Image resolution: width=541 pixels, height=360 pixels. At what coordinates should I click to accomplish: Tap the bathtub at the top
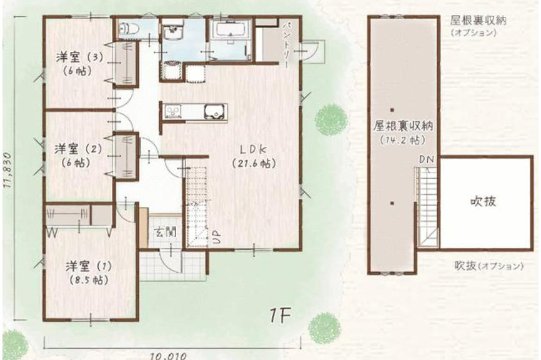[x=231, y=30]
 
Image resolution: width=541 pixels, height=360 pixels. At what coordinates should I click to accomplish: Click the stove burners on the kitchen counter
[x=172, y=111]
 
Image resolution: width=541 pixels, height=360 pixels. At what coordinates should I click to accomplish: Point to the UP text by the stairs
[x=216, y=237]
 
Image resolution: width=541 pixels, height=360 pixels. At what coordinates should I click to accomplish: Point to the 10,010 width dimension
[x=169, y=355]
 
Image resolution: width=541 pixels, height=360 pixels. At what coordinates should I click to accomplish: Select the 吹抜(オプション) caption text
[x=489, y=266]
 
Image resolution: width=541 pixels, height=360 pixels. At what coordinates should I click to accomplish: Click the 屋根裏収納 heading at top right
[x=478, y=21]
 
